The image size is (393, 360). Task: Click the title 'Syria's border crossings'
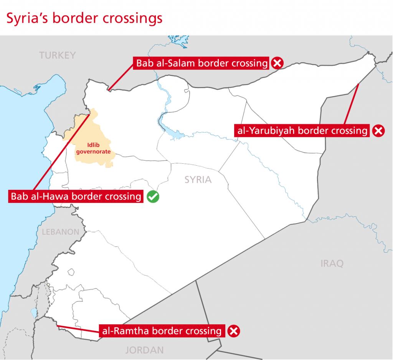pyautogui.click(x=83, y=18)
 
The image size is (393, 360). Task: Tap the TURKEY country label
pyautogui.click(x=58, y=56)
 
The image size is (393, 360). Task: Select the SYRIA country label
pyautogui.click(x=198, y=179)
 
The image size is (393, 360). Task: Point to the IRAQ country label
pyautogui.click(x=332, y=263)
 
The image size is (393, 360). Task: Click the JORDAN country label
pyautogui.click(x=144, y=350)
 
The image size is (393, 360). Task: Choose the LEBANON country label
pyautogui.click(x=61, y=232)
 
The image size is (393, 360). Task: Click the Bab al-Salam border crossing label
pyautogui.click(x=201, y=63)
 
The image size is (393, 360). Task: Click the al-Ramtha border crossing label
pyautogui.click(x=161, y=330)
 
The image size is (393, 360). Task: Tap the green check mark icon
pyautogui.click(x=153, y=197)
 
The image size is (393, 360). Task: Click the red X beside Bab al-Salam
pyautogui.click(x=277, y=63)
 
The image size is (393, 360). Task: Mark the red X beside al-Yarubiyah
pyautogui.click(x=378, y=131)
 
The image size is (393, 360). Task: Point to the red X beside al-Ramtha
pyautogui.click(x=233, y=330)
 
